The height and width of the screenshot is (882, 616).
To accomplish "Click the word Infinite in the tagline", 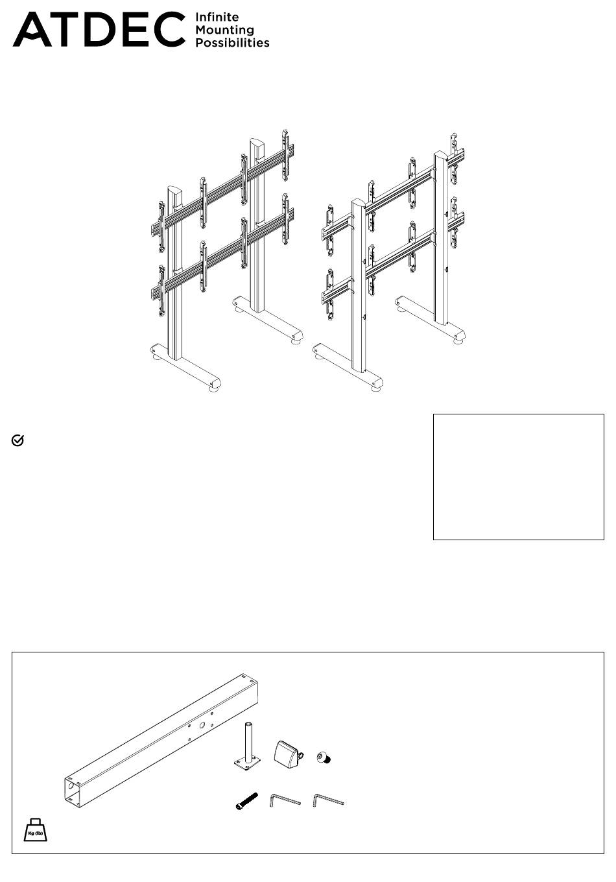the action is pyautogui.click(x=217, y=18).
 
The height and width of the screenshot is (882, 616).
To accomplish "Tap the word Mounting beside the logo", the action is pyautogui.click(x=225, y=30).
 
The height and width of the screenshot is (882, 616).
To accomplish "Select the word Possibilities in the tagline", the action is pyautogui.click(x=232, y=43).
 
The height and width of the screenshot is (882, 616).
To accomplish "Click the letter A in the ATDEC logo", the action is pyautogui.click(x=32, y=30).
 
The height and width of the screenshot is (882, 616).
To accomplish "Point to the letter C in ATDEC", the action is pyautogui.click(x=168, y=30).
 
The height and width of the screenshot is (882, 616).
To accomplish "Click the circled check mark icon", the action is pyautogui.click(x=18, y=440).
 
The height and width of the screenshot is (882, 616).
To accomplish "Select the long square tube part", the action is pyautogui.click(x=161, y=740).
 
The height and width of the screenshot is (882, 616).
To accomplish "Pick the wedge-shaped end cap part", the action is pyautogui.click(x=289, y=754).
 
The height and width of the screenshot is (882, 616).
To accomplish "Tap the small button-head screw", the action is pyautogui.click(x=324, y=757).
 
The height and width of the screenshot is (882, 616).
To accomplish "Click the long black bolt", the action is pyautogui.click(x=246, y=801).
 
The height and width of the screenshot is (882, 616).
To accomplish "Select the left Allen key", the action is pyautogui.click(x=285, y=800).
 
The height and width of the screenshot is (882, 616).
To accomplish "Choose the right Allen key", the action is pyautogui.click(x=328, y=800).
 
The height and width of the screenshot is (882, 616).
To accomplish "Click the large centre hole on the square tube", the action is pyautogui.click(x=202, y=725).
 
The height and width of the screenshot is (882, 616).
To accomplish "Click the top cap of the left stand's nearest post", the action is pyautogui.click(x=175, y=193).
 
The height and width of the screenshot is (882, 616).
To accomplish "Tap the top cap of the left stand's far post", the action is pyautogui.click(x=258, y=146).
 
